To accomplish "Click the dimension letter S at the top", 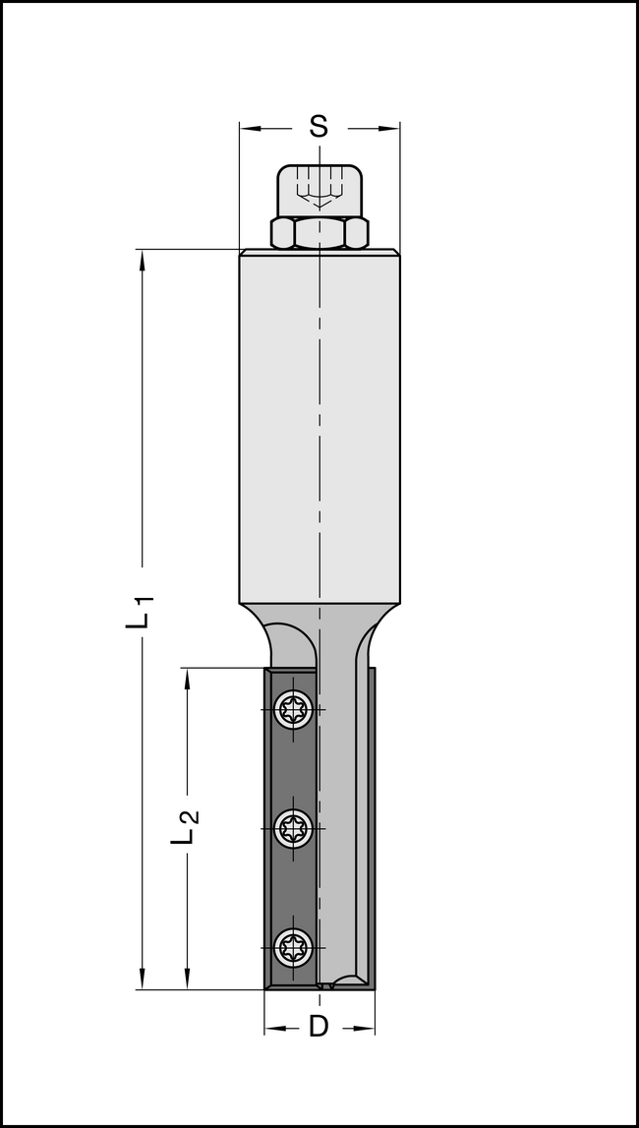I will click(319, 127).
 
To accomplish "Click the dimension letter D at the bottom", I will click(319, 1027).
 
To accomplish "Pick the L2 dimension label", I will click(186, 826).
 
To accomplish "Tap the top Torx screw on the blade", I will click(293, 709).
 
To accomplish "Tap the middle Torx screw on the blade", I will click(293, 828).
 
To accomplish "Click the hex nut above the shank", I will click(319, 233).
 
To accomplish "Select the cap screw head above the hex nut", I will click(319, 190).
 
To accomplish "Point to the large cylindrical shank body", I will click(319, 423).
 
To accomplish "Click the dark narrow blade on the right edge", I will click(371, 826).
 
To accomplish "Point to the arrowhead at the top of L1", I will click(143, 259).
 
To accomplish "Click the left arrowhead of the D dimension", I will click(272, 1028).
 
